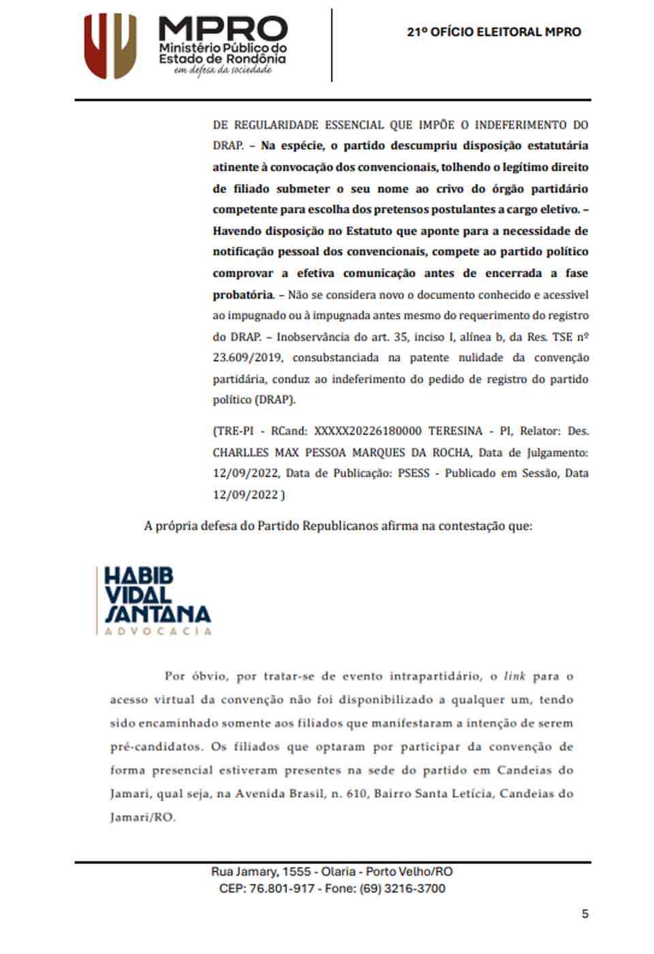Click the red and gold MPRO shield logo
point(110,46)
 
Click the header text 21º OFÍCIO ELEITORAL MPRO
point(494,32)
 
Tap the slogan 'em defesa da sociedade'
point(222,70)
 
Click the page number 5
point(585,914)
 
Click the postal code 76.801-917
point(282,889)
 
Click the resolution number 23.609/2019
point(247,358)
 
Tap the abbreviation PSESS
point(414,473)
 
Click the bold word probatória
point(243,295)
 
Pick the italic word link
point(514,677)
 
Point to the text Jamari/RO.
point(142,817)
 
